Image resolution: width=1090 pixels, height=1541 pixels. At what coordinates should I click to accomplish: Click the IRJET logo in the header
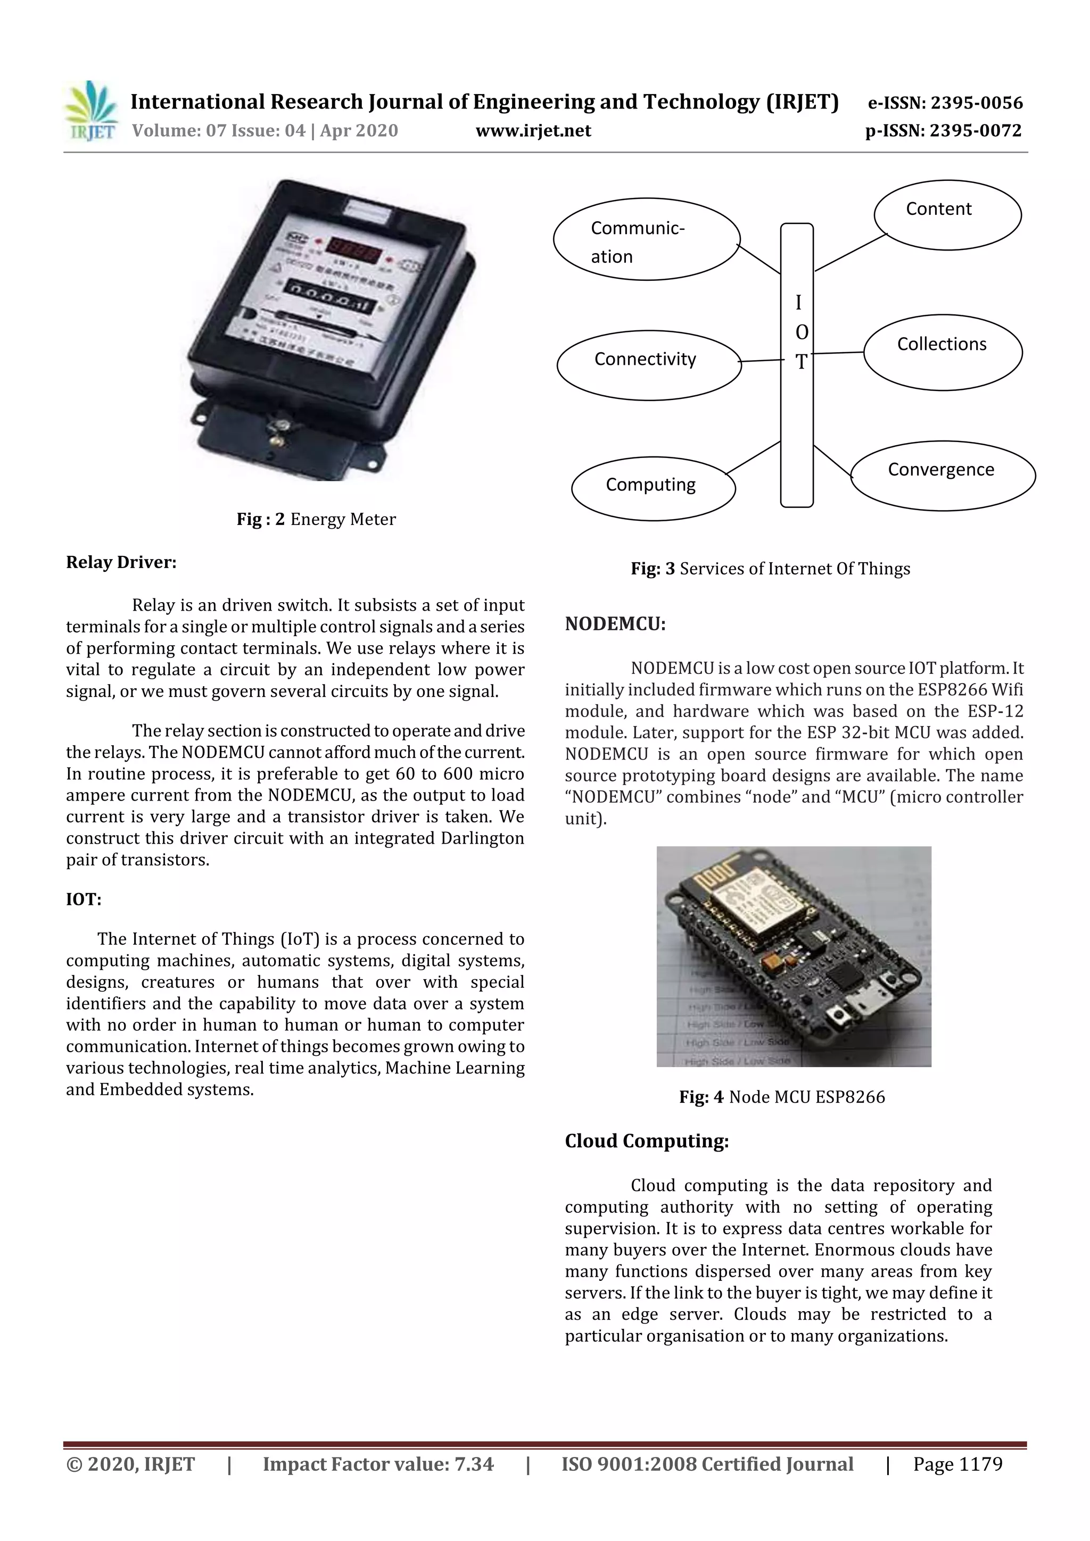pos(90,111)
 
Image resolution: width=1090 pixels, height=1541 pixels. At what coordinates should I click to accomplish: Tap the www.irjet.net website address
pos(533,131)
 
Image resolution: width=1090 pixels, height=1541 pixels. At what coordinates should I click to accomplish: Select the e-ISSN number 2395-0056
pos(945,103)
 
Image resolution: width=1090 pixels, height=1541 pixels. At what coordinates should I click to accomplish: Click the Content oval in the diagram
pos(947,215)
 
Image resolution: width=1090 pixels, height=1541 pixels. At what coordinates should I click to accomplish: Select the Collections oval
pos(942,352)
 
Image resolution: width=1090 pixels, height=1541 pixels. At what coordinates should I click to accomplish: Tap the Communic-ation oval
pos(646,239)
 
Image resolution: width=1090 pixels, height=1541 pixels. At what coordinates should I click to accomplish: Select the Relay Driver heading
pos(121,562)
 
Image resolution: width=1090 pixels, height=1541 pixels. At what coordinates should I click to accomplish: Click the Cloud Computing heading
pos(646,1141)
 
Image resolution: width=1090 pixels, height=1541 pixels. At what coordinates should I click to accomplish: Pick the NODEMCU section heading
pos(615,624)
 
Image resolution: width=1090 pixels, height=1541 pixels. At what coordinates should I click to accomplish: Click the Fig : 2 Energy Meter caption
pos(316,520)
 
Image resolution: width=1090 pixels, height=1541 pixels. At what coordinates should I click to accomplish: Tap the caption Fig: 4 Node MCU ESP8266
pos(782,1097)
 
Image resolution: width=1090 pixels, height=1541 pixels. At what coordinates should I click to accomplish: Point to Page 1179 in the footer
pos(957,1464)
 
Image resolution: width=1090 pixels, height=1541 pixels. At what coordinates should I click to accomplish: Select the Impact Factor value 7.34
pos(377,1464)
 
